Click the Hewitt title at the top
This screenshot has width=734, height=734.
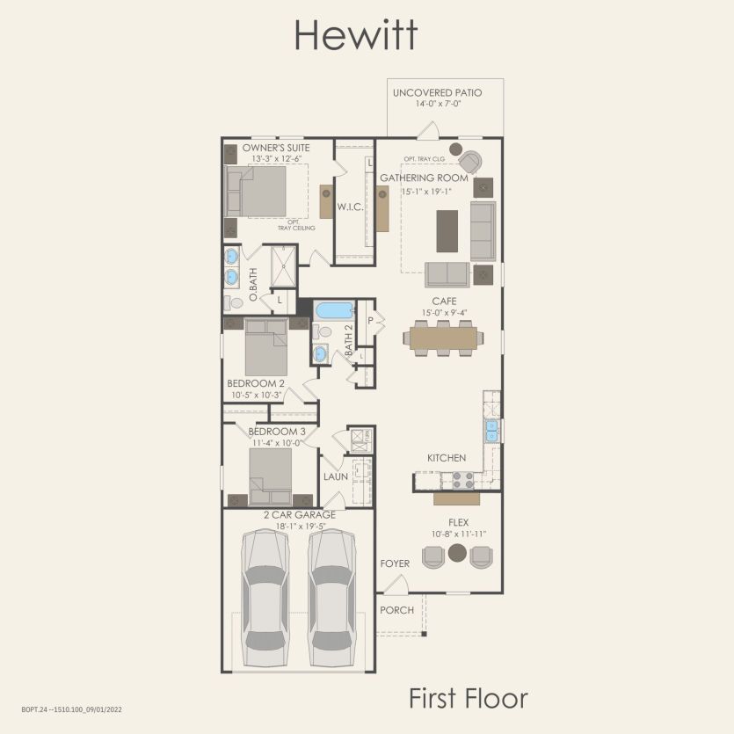(x=355, y=36)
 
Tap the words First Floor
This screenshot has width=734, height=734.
(x=468, y=698)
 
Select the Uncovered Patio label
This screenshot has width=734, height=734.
(x=437, y=92)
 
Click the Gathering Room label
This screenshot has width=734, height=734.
(x=424, y=178)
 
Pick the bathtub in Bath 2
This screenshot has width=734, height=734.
(x=333, y=310)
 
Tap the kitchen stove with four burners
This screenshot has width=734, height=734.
(x=462, y=480)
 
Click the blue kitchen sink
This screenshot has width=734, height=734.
(x=492, y=429)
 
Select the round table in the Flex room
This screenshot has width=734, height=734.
(x=456, y=553)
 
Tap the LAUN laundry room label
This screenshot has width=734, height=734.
(x=336, y=476)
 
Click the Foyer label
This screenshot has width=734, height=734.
(x=395, y=563)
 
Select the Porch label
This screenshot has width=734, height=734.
(x=396, y=609)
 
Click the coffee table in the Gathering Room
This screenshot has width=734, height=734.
(x=447, y=230)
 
